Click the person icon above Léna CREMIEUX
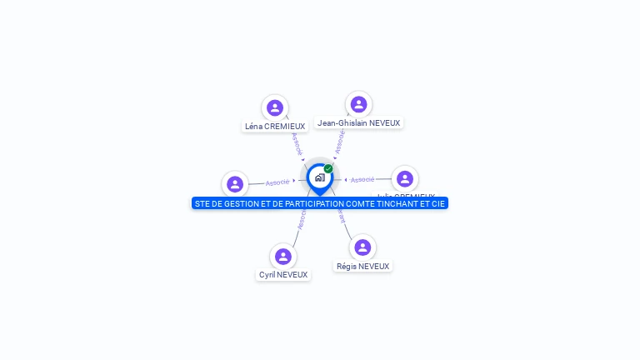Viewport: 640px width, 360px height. [275, 107]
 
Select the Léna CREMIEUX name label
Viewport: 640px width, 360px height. [275, 127]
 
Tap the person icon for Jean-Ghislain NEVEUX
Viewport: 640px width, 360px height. [358, 104]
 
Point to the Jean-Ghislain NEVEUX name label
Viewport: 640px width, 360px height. [359, 123]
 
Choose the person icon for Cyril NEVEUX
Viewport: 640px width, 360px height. [283, 256]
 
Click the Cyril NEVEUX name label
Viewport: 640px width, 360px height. [283, 275]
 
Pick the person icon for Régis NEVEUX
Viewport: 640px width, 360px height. [362, 247]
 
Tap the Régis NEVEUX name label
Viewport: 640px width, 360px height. [362, 267]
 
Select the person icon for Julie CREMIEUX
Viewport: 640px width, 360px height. [405, 178]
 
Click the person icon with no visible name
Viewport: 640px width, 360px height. [235, 184]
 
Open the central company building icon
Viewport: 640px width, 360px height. [319, 177]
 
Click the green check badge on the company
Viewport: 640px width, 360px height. [328, 168]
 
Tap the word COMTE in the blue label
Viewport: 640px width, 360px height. [359, 203]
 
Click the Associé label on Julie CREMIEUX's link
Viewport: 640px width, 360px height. [362, 179]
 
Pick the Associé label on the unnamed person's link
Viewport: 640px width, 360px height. [277, 182]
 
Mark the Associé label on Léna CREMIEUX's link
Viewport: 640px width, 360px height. [297, 143]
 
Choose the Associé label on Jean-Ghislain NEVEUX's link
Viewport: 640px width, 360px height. [339, 142]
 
